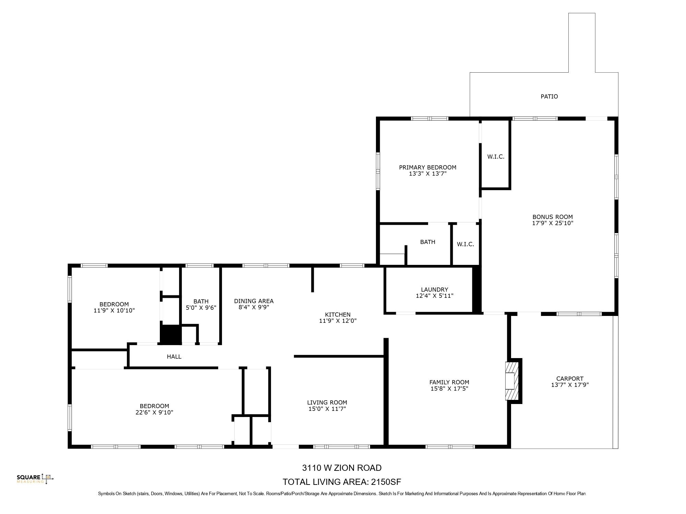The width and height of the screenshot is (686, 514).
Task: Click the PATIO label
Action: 549,97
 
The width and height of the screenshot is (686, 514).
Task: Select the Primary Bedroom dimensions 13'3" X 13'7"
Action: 427,174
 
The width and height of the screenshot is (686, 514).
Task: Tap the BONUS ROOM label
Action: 552,217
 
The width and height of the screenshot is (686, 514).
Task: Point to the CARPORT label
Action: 569,378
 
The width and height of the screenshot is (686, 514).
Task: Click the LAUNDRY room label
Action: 434,290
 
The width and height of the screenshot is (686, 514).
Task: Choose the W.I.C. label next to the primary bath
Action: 465,244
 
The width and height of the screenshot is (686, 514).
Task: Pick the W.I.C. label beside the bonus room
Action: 496,157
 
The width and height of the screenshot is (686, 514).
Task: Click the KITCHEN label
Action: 338,315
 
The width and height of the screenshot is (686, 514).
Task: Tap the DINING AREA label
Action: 253,301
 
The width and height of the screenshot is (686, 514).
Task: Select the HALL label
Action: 174,357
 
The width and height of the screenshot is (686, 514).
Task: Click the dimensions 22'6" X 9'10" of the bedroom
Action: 154,413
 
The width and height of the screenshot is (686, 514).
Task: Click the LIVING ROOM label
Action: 327,403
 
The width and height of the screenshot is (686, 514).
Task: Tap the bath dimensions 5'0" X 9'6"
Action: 201,308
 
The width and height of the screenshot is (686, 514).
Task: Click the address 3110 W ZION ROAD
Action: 342,468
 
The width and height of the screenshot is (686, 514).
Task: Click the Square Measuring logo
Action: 35,478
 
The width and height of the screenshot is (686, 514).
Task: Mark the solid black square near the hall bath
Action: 170,334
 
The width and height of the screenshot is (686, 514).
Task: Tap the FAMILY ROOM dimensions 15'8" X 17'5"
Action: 449,389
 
